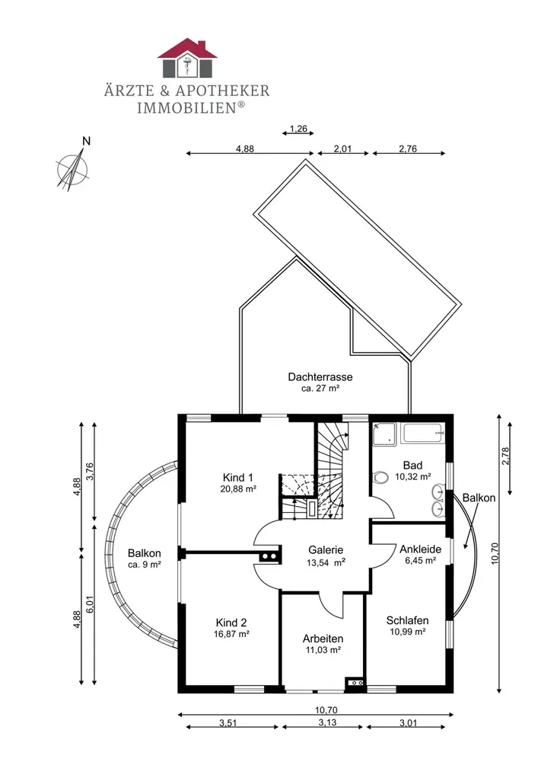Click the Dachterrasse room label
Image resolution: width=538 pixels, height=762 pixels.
pyautogui.click(x=320, y=376)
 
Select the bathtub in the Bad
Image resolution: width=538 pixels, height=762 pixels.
pyautogui.click(x=423, y=433)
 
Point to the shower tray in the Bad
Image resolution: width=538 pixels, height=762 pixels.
pyautogui.click(x=384, y=434)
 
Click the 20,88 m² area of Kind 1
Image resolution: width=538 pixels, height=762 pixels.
pyautogui.click(x=238, y=489)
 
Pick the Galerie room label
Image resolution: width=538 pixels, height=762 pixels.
pyautogui.click(x=326, y=549)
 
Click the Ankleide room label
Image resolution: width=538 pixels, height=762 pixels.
pyautogui.click(x=420, y=549)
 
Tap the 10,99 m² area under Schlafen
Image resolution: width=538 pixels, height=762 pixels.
pyautogui.click(x=408, y=632)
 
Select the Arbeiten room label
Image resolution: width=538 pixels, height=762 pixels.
pyautogui.click(x=323, y=639)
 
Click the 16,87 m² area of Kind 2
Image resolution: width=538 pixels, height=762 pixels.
pyautogui.click(x=231, y=634)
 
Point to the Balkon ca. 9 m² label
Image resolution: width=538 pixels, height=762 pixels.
pyautogui.click(x=144, y=559)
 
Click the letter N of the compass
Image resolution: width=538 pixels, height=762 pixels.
pyautogui.click(x=86, y=142)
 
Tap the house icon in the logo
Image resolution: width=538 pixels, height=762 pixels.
pyautogui.click(x=187, y=58)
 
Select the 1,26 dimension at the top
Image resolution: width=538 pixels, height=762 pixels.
pyautogui.click(x=298, y=129)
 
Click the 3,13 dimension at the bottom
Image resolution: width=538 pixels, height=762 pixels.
pyautogui.click(x=327, y=722)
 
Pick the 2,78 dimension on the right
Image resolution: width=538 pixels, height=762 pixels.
pyautogui.click(x=506, y=456)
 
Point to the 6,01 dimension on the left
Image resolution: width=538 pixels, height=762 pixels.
pyautogui.click(x=89, y=604)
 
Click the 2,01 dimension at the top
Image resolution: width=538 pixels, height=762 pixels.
pyautogui.click(x=342, y=149)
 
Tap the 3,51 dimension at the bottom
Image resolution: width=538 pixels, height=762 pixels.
pyautogui.click(x=228, y=722)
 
